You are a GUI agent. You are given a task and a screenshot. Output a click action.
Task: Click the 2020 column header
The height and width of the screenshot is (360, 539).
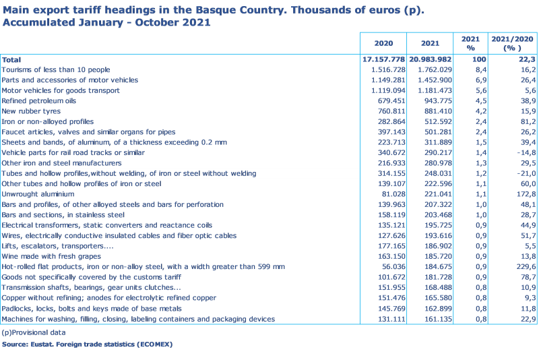pos(383,43)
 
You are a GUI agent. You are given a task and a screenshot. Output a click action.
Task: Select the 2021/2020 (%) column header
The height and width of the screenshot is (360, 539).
pos(513,43)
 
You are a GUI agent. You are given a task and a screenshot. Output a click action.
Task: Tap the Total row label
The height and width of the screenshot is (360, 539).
pos(11,59)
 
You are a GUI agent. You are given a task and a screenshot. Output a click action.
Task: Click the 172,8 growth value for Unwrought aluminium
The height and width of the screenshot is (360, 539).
pos(514,194)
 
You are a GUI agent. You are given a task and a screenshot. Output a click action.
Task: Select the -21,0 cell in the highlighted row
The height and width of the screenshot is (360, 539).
pos(514,173)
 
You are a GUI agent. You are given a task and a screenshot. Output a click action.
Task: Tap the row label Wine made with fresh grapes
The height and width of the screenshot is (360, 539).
pos(51,257)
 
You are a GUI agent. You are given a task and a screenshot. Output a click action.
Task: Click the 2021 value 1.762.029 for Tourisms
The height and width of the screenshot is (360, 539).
pos(424,69)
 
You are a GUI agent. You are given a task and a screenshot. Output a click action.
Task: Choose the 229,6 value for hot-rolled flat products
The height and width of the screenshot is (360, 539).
pos(514,267)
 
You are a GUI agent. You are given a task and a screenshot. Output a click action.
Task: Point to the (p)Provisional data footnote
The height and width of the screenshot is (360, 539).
pos(34,332)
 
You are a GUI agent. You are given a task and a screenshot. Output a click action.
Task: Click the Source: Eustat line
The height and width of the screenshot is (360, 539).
pos(87,344)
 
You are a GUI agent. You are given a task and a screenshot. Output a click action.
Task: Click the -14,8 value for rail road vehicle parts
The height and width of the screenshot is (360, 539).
pos(514,152)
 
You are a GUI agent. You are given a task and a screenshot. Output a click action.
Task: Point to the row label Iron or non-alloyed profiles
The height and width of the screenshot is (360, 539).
pos(47,121)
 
